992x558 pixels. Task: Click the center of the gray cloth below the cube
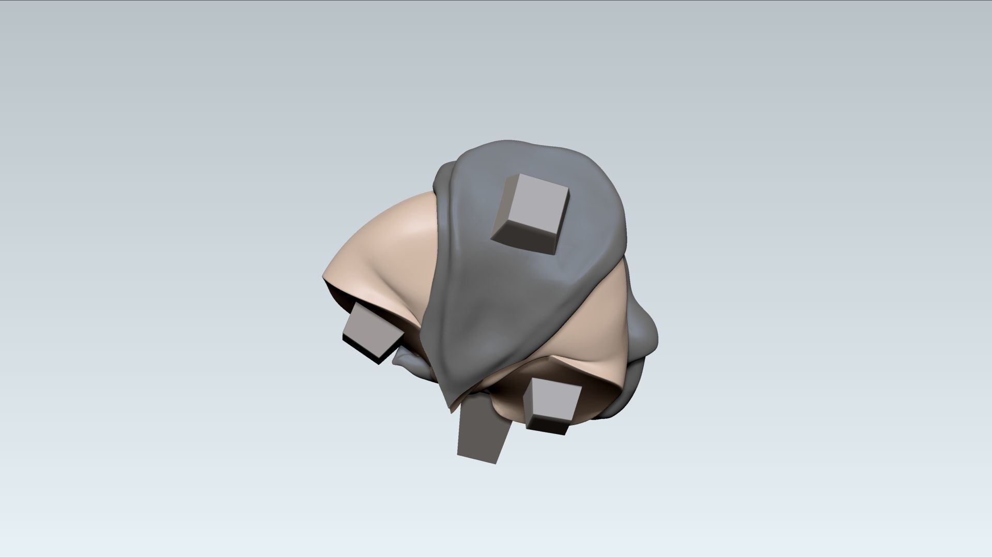pyautogui.click(x=496, y=305)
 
